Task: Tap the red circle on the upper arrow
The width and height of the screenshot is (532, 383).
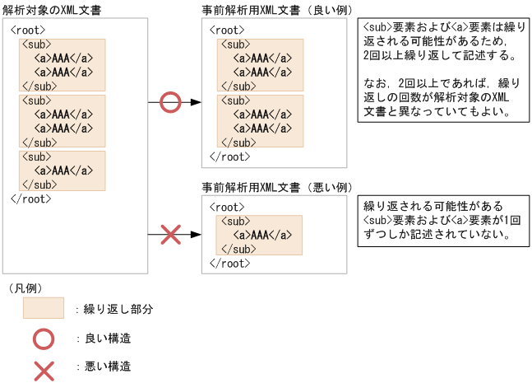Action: coord(169,102)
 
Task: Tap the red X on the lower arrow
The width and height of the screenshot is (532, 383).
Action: coord(169,235)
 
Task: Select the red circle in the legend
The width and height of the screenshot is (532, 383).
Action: coord(43,338)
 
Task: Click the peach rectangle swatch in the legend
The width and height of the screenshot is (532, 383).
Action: coord(43,309)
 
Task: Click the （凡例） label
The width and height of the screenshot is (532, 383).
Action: coord(25,287)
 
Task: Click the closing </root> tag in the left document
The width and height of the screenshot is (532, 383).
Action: coord(31,199)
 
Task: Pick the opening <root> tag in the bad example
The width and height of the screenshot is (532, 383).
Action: coord(227,208)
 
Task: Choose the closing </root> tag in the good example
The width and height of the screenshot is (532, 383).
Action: coord(229,155)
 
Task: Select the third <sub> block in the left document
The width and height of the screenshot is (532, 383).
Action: coord(62,170)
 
